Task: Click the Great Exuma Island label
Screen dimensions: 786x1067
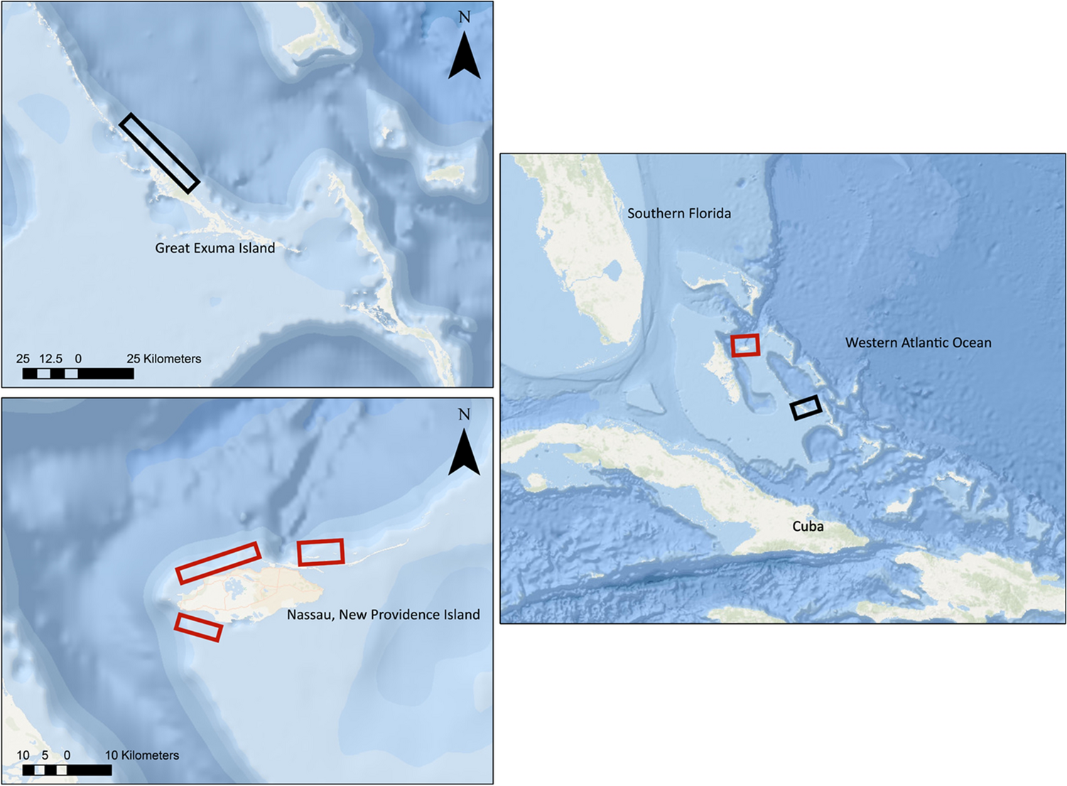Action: (215, 248)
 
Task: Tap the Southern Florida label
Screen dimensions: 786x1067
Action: (678, 213)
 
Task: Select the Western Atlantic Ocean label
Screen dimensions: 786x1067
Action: (918, 343)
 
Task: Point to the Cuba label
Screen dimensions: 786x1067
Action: (808, 527)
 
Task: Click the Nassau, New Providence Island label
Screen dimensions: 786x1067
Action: (383, 615)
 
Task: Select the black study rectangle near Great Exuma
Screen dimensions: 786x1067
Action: (159, 154)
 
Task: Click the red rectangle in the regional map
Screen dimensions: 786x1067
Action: (745, 345)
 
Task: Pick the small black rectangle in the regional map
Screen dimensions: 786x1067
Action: (806, 407)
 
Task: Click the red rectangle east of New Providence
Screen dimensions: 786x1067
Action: (321, 552)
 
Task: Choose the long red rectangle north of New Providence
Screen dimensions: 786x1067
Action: (218, 563)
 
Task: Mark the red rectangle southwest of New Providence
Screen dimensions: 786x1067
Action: (198, 628)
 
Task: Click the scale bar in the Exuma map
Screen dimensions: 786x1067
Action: (78, 374)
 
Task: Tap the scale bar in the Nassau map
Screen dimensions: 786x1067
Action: (67, 770)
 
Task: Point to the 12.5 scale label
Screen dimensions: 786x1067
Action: (50, 359)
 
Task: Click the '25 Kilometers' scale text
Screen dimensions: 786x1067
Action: (163, 359)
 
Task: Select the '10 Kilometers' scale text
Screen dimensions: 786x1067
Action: (142, 755)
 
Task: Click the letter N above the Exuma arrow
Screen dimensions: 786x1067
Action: (465, 17)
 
